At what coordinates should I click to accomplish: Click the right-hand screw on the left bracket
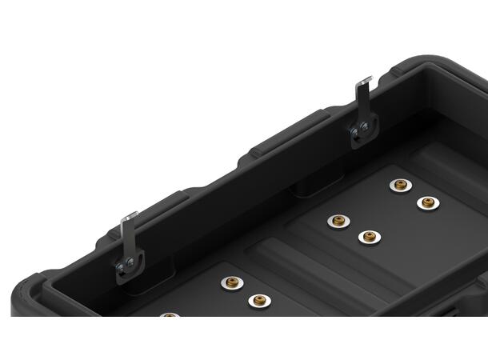coord(130,265)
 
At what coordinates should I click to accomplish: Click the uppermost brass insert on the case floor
coord(398,185)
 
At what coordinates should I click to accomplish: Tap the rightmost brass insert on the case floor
coord(427,202)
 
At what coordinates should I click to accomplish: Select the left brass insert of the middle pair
coord(338,220)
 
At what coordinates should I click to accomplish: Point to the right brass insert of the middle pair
coord(368,237)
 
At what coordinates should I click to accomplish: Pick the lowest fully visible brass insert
coord(257,301)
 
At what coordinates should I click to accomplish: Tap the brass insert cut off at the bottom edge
coord(168,315)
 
